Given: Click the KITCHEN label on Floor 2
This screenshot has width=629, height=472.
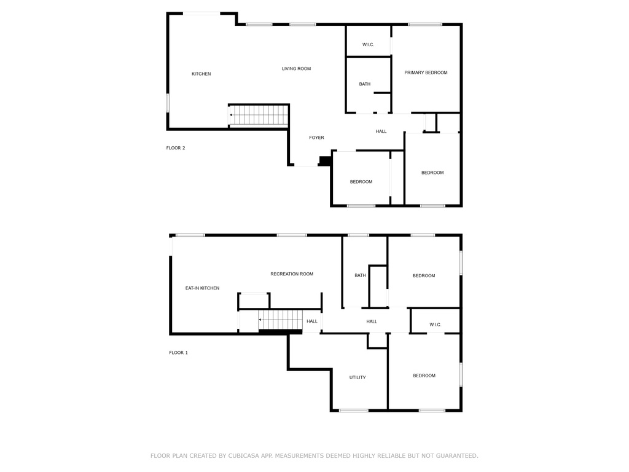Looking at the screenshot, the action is point(201,74).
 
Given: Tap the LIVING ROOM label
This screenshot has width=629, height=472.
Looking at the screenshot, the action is point(296,69).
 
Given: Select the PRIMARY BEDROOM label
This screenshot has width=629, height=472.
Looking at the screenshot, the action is point(426,73).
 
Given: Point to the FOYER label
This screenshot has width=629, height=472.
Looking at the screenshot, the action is point(316,138).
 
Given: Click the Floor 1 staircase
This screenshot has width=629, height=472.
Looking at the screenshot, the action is point(280,320).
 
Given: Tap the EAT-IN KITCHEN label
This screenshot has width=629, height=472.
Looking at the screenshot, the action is point(202,288).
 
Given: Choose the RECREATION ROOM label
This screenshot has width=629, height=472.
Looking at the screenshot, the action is point(292,274).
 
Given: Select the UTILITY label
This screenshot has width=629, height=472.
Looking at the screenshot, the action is point(357,378).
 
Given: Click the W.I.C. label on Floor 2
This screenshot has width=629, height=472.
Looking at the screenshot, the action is point(369,44).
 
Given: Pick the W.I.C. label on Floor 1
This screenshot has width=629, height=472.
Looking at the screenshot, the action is point(436,324).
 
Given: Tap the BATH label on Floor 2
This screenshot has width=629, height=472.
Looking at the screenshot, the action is point(365,84).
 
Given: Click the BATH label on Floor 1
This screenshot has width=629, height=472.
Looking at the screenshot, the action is point(360,275).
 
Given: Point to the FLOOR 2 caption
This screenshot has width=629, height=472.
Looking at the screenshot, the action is point(176,148).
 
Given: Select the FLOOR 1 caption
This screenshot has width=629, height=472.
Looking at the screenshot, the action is point(179,353).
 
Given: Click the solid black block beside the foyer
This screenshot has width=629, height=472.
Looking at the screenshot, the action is point(325,161).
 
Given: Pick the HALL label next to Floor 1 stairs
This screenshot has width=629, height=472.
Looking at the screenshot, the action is point(312,321).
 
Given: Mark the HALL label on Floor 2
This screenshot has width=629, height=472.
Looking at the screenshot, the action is point(381,132).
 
